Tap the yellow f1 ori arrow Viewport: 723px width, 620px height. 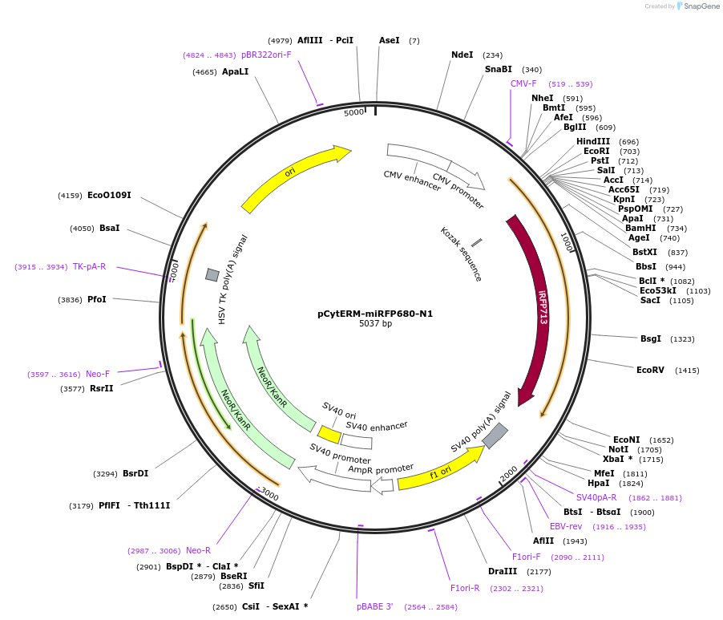coord(440,469)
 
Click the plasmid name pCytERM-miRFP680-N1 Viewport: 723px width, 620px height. coord(375,314)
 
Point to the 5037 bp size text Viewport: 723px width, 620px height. coord(375,324)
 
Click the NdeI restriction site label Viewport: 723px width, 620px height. coord(462,55)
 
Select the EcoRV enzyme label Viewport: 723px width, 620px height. coord(651,371)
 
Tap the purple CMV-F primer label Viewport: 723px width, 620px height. coord(523,83)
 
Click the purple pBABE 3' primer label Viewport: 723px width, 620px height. coord(375,607)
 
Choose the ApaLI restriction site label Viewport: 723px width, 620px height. coord(236,72)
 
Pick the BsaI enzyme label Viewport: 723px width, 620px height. coord(110,229)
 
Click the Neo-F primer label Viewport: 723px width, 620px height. coord(98,374)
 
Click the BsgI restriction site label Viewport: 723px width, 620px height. coord(650,338)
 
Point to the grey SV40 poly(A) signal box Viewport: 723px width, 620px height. coord(495,436)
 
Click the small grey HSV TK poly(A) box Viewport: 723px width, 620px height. coord(212,275)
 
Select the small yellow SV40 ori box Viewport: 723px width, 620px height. coord(329,434)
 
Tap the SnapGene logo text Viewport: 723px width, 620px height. coord(701,6)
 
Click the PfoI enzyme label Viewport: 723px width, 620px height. coord(97,300)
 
